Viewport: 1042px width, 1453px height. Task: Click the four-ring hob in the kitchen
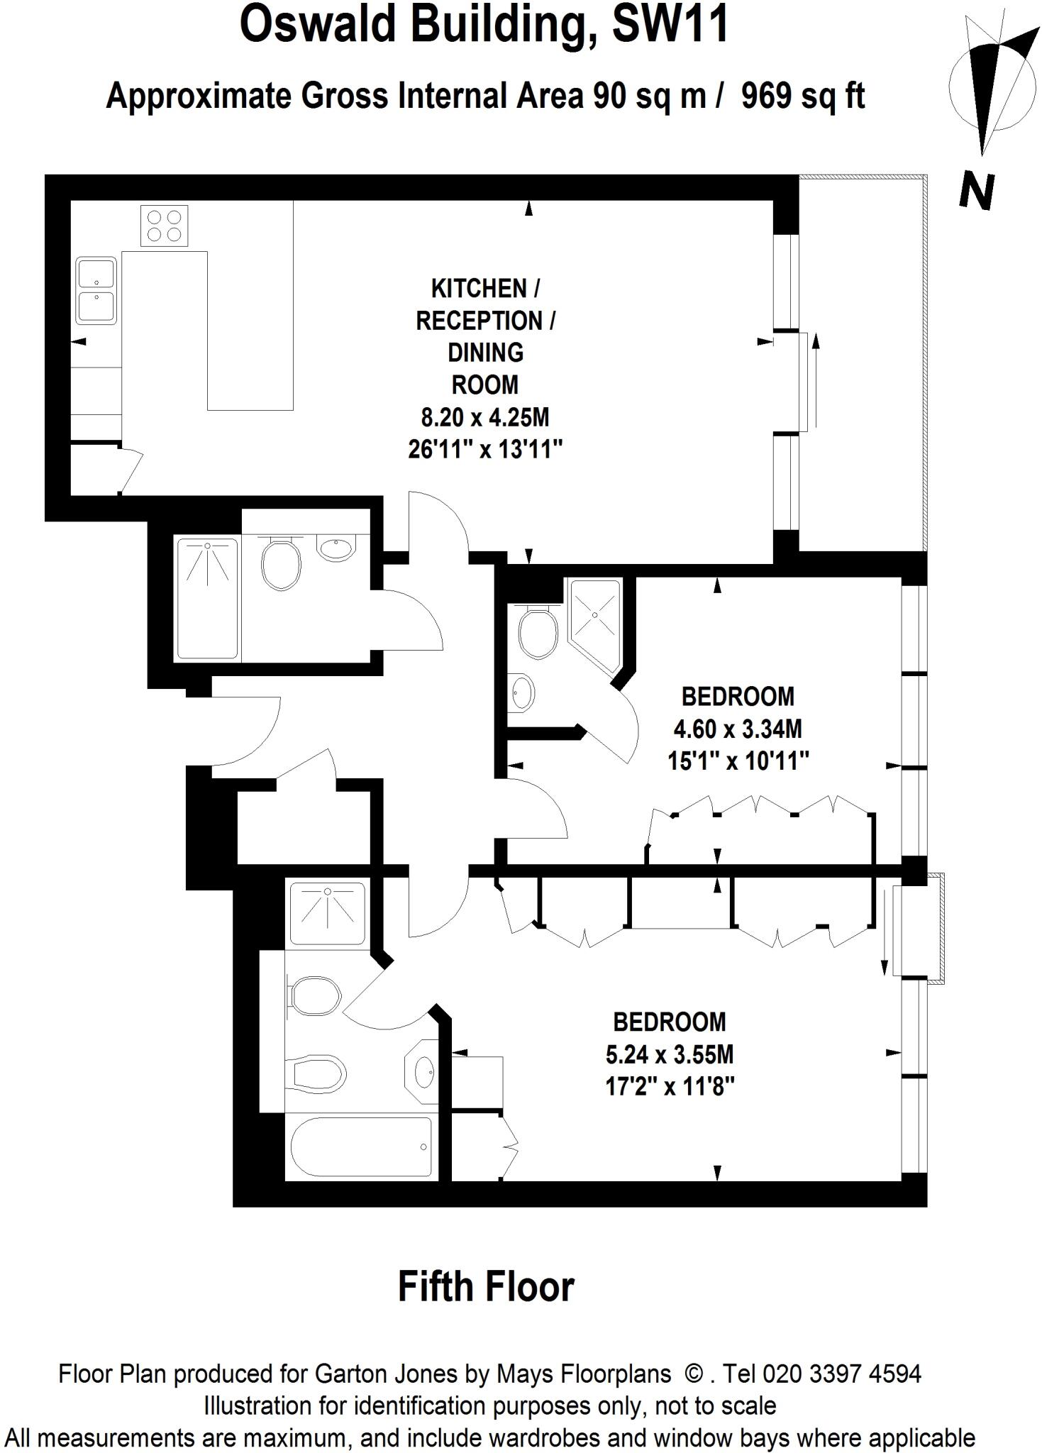pyautogui.click(x=164, y=225)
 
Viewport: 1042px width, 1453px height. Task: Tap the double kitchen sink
pyautogui.click(x=96, y=290)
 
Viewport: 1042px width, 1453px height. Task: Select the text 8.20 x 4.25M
pyautogui.click(x=485, y=417)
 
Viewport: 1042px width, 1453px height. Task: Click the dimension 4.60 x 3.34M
pyautogui.click(x=738, y=729)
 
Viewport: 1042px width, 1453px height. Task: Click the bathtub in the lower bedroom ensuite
pyautogui.click(x=361, y=1147)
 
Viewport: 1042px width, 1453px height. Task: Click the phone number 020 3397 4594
pyautogui.click(x=841, y=1374)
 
